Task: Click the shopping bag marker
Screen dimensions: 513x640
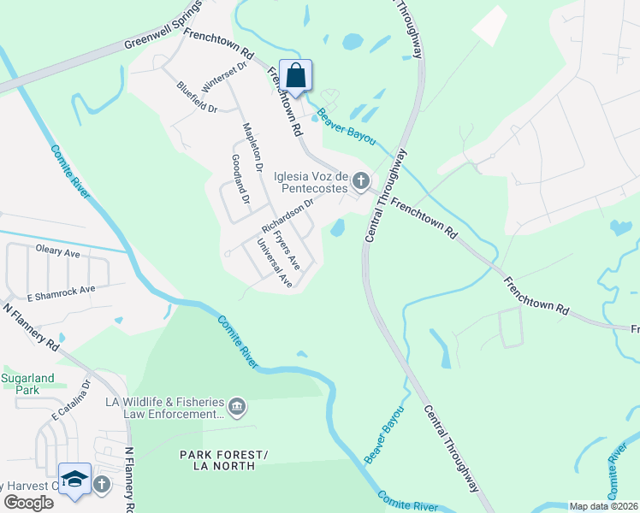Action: pos(295,75)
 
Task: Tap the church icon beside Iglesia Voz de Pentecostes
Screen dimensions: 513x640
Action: pos(361,180)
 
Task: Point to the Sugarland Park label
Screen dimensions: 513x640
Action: pos(27,383)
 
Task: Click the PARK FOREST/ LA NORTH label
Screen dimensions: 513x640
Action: pos(216,459)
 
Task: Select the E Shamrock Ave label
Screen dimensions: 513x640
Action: pos(61,292)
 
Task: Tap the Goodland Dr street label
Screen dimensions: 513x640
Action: pos(240,178)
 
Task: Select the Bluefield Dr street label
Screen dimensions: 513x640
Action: pos(197,97)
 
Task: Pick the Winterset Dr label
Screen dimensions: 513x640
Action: pos(224,77)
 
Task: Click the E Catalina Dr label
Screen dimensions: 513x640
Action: pos(69,401)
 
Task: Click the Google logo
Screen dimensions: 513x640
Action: pos(28,503)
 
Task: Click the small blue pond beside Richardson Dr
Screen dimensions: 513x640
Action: pos(338,227)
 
